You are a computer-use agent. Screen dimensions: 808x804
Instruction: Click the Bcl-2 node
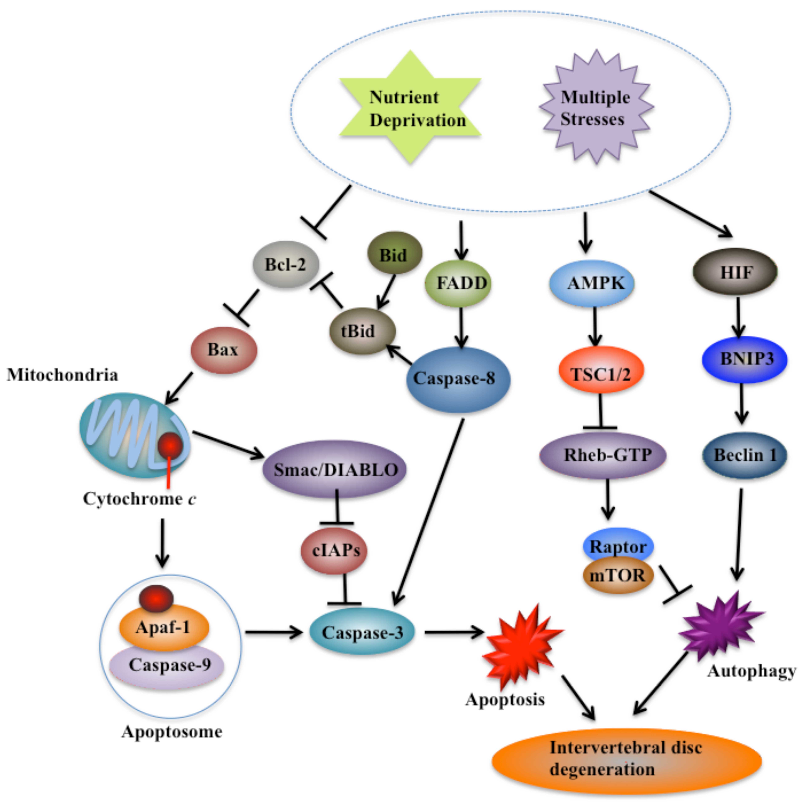point(286,264)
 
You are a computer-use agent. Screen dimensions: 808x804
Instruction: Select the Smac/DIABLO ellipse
point(335,469)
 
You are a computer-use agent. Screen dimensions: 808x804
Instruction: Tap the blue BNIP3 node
point(744,359)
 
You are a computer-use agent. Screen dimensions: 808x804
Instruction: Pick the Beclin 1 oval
point(744,455)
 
